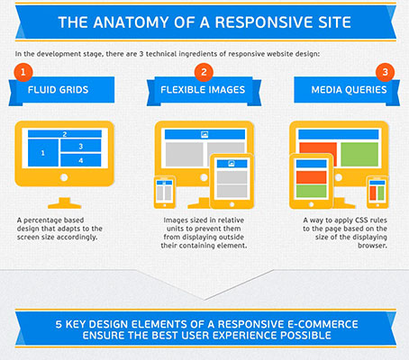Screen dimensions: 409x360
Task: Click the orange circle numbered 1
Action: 23,72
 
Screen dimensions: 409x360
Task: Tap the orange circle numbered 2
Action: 204,72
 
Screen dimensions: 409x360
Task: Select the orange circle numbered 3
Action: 385,72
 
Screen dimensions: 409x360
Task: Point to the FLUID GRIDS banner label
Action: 59,90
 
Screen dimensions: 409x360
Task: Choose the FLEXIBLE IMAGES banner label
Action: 203,90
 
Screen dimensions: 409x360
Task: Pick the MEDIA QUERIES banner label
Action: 349,90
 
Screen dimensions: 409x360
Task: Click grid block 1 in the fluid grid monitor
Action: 43,153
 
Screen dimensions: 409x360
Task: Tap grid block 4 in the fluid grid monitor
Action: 81,160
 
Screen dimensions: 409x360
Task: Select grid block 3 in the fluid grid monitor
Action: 81,146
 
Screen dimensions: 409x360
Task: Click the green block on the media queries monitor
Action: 359,155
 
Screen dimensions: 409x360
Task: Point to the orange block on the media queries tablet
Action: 311,177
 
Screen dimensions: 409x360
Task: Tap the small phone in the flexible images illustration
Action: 165,193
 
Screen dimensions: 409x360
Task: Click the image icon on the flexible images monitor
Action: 204,135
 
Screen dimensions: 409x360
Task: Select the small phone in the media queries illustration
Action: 377,193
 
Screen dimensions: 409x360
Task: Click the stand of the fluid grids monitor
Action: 65,203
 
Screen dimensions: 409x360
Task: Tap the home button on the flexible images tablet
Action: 232,204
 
